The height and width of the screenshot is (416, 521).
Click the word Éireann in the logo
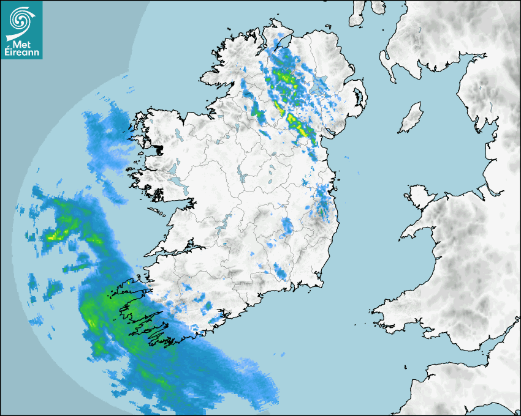(x=23, y=53)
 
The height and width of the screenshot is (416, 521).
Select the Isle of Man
(x=411, y=118)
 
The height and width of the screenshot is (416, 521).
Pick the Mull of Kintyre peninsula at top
(x=356, y=18)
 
